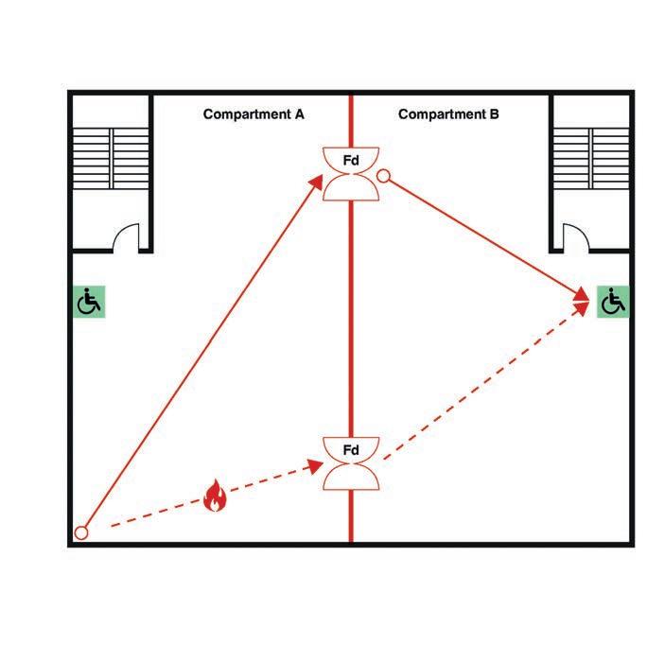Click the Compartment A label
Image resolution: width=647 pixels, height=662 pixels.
coord(254,114)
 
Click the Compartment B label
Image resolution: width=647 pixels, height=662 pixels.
coord(448,114)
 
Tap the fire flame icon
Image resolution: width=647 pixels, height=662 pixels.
coord(216,496)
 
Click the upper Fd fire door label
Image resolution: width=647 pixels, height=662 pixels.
coord(351,162)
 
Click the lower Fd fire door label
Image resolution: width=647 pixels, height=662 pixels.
coord(351,450)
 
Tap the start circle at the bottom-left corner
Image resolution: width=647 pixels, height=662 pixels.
coord(81,533)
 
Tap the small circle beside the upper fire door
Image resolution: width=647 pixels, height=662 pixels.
coord(383,175)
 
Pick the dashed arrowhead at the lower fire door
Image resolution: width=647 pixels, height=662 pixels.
coord(317,466)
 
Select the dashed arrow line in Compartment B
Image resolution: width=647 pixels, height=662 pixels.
coord(482,383)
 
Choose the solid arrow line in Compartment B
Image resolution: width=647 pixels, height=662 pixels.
coord(487,236)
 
